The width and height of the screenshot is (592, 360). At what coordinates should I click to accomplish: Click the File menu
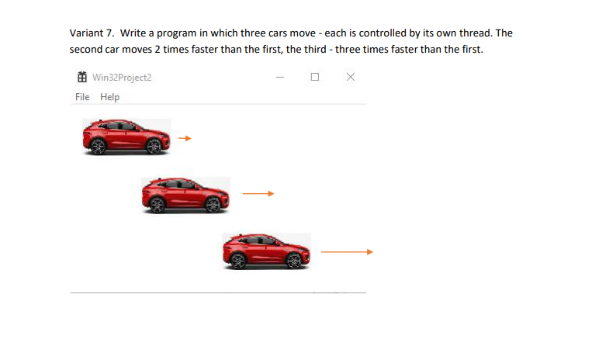coord(82,97)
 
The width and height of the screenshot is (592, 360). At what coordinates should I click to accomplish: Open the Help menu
coord(109,97)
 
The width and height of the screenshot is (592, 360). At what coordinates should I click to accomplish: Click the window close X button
coord(351,77)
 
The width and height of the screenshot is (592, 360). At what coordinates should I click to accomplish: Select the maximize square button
coord(314,77)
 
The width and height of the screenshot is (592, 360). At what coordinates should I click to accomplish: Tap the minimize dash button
coord(279,77)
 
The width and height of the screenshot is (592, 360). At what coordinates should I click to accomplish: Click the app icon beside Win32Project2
coord(81,77)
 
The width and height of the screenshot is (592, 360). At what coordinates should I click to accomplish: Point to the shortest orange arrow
coord(184,138)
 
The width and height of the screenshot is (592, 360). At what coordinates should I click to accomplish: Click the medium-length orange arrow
coord(258,194)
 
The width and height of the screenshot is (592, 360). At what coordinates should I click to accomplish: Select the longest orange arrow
coord(347,251)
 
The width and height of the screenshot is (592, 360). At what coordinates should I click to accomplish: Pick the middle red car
coord(185,194)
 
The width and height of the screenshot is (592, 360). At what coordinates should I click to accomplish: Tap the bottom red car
coord(266,251)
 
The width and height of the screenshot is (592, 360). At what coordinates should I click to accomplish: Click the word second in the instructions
coord(85,49)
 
